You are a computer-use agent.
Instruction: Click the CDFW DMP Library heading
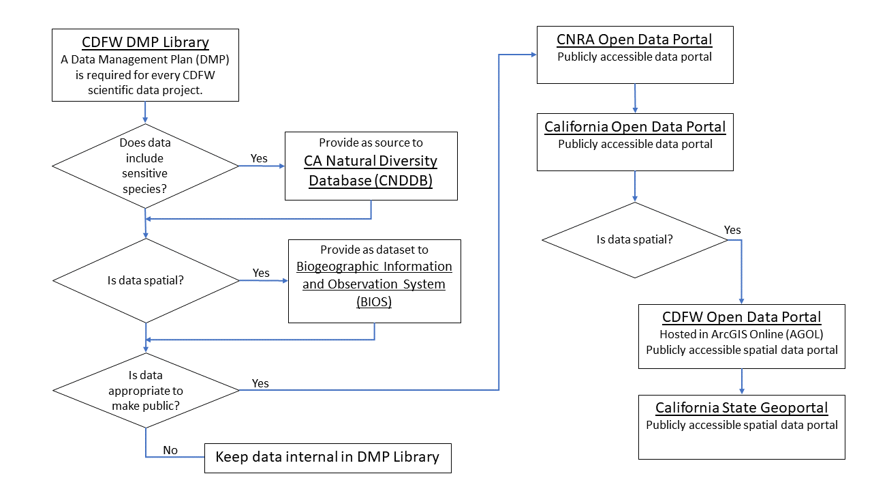pyautogui.click(x=145, y=42)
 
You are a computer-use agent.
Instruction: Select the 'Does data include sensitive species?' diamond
pyautogui.click(x=145, y=166)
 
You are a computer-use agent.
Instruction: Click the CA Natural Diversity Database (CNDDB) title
pyautogui.click(x=371, y=170)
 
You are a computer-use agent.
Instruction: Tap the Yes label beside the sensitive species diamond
pyautogui.click(x=259, y=158)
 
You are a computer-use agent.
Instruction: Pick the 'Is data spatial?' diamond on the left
pyautogui.click(x=145, y=280)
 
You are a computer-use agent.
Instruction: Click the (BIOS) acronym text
pyautogui.click(x=374, y=302)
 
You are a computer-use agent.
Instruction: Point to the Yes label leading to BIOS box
pyautogui.click(x=261, y=273)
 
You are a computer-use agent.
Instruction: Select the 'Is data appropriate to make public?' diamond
pyautogui.click(x=145, y=391)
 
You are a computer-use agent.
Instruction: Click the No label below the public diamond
pyautogui.click(x=170, y=450)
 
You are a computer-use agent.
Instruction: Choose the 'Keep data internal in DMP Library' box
pyautogui.click(x=328, y=457)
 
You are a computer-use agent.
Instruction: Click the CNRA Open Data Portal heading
pyautogui.click(x=634, y=40)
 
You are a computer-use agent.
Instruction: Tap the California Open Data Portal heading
pyautogui.click(x=635, y=127)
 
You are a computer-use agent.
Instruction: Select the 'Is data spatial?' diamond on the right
pyautogui.click(x=635, y=240)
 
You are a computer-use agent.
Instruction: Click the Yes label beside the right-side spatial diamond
pyautogui.click(x=732, y=230)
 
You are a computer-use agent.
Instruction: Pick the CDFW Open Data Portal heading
pyautogui.click(x=741, y=317)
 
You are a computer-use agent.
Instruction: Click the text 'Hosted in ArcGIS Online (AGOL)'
pyautogui.click(x=741, y=334)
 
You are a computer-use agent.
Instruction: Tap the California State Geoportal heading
pyautogui.click(x=741, y=408)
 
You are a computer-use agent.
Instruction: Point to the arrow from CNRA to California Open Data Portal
pyautogui.click(x=635, y=99)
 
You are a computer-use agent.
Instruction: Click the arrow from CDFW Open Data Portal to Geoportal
pyautogui.click(x=741, y=382)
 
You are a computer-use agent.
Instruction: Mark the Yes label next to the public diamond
pyautogui.click(x=260, y=383)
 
